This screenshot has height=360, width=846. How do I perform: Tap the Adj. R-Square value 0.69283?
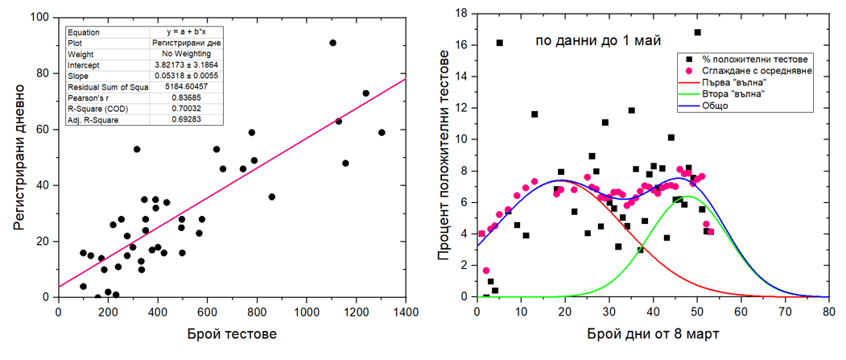(x=186, y=119)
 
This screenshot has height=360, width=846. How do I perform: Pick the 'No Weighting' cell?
(x=186, y=54)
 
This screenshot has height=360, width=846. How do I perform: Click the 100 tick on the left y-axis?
(x=37, y=17)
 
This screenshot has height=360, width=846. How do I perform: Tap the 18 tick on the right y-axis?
(x=464, y=13)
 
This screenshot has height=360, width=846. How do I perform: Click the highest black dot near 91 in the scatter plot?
(x=332, y=43)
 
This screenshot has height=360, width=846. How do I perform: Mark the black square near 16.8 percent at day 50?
(x=697, y=32)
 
